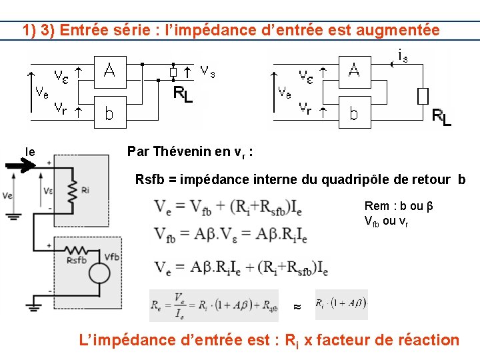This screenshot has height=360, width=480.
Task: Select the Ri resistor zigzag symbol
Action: pyautogui.click(x=69, y=191)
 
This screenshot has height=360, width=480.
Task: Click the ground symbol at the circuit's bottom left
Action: pyautogui.click(x=33, y=306)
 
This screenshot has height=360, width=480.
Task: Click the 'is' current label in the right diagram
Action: pyautogui.click(x=402, y=57)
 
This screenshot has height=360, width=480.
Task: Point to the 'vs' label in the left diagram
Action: pyautogui.click(x=208, y=69)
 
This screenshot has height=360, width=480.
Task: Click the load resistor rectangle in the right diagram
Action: pyautogui.click(x=423, y=96)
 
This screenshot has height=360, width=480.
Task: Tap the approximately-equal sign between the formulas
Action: pyautogui.click(x=297, y=307)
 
